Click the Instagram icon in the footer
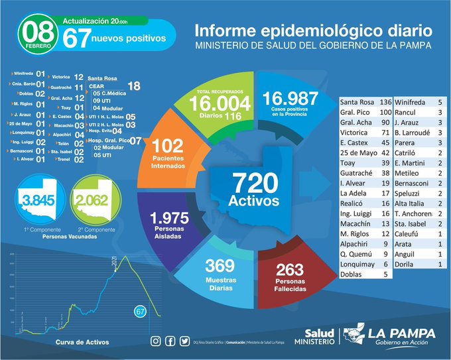(155, 341)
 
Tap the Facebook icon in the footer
(170, 341)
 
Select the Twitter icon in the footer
(184, 341)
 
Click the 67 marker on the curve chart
(140, 311)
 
